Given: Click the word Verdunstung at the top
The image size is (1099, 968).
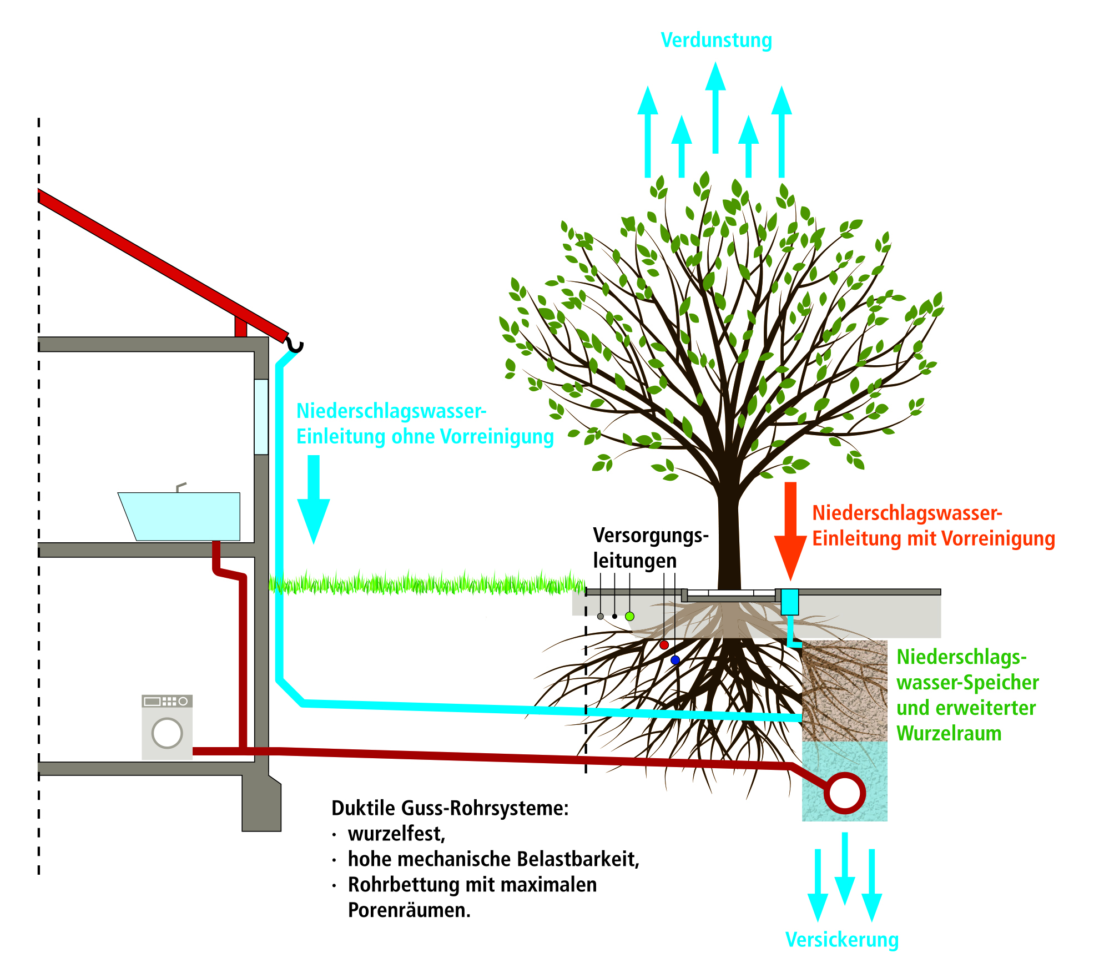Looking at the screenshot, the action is pos(716,40).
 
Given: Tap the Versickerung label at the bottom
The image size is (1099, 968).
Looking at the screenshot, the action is pos(842,939).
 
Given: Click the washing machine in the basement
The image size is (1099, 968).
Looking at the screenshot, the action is pos(167,727).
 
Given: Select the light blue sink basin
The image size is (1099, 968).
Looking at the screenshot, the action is pos(179,516).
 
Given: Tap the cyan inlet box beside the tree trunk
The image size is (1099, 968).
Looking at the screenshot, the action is pos(790,602).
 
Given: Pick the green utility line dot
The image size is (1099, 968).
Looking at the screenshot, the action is pos(629,616).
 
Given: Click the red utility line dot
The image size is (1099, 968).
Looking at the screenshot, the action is pos(664,645).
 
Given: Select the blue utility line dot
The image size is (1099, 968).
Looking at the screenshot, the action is pos(675,660).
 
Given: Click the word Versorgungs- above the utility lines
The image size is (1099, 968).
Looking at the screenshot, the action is pos(651,536).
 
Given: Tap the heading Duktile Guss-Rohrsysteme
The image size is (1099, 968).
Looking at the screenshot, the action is pos(450,808).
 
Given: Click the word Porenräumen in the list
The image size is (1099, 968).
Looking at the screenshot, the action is pos(409,910).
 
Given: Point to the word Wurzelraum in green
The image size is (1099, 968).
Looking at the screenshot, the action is pos(949,733).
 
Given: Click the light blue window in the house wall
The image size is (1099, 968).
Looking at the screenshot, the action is pos(261,417).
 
